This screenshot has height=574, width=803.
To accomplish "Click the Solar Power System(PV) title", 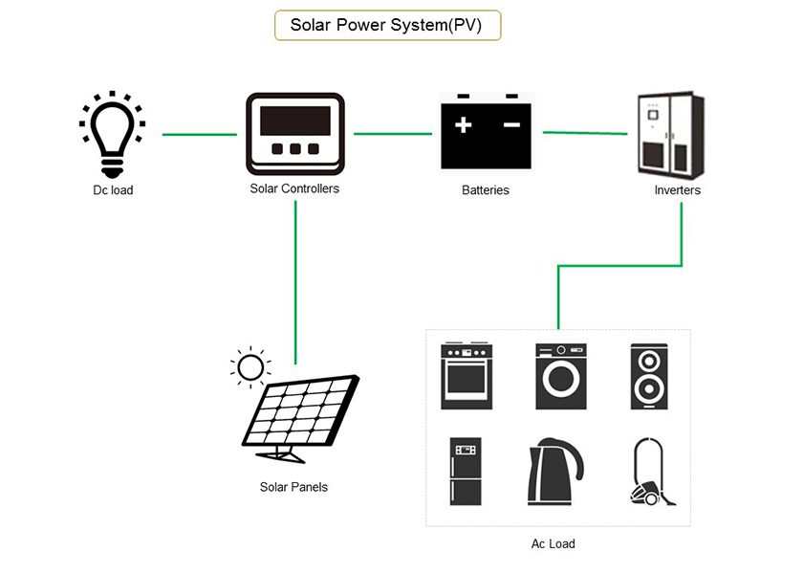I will (387, 25).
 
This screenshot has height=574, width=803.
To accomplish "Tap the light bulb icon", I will (112, 134).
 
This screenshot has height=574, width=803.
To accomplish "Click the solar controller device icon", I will (294, 133).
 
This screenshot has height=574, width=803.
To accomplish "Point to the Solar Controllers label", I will (294, 188).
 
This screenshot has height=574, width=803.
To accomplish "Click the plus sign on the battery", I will (464, 125).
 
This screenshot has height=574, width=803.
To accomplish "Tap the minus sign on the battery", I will (511, 125).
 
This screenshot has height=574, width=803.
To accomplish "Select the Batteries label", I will (486, 190).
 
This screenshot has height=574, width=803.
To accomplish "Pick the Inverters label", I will (677, 190).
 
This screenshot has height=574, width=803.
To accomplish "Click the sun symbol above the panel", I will (250, 367).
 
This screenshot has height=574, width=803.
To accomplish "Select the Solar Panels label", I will (293, 487).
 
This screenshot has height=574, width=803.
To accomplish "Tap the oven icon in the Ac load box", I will (466, 376).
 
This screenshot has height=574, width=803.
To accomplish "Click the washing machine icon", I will (560, 376).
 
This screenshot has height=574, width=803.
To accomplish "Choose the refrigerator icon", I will (466, 472).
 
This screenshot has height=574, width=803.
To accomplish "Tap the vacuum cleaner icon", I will (651, 472).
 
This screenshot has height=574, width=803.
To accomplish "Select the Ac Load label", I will (553, 543).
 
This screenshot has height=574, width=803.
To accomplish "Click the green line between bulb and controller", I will (199, 135).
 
